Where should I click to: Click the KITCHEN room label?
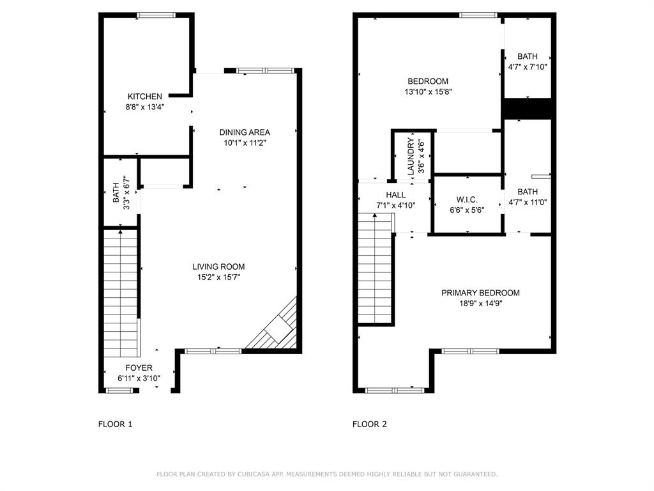tap(144, 97)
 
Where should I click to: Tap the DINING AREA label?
tap(245, 132)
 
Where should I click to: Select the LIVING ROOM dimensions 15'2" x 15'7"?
tap(218, 277)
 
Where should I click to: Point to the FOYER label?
tap(139, 368)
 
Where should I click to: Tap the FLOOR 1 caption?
tap(116, 424)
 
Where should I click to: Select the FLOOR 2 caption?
tap(370, 424)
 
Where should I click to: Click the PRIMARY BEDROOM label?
tap(480, 293)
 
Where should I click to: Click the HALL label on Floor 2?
tap(395, 195)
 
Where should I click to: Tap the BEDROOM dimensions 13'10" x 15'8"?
tap(428, 92)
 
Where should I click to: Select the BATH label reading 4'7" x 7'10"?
tap(528, 56)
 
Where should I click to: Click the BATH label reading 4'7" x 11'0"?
tap(528, 192)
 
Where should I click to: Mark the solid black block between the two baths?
tap(528, 109)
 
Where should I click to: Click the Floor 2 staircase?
tap(374, 269)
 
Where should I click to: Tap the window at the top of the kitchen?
tap(157, 15)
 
